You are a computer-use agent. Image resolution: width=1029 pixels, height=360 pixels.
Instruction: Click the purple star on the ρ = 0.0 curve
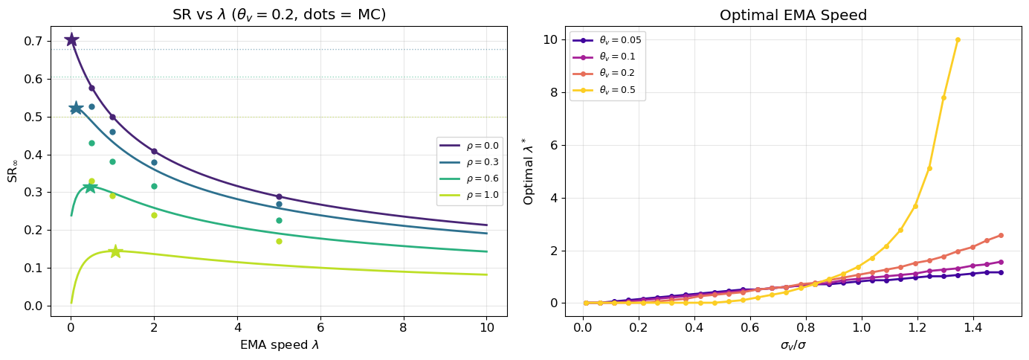point(71,39)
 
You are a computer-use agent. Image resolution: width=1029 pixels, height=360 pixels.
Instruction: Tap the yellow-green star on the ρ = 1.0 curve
point(115,251)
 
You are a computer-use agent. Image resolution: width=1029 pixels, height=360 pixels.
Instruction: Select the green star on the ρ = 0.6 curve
point(90,187)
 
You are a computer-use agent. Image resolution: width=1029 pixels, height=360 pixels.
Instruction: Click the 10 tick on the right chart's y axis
point(551,40)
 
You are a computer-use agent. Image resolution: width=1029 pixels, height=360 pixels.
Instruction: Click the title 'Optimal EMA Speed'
point(793,15)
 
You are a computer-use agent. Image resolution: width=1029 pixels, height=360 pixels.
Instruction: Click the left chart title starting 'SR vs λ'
point(279,15)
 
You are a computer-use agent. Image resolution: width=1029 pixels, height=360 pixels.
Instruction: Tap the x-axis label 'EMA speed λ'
point(279,345)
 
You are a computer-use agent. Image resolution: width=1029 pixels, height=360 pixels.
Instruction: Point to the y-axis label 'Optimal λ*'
point(529,170)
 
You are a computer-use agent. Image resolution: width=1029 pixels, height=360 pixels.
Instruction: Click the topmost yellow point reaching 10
point(958,40)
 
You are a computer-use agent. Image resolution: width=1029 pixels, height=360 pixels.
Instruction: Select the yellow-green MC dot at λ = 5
point(279,241)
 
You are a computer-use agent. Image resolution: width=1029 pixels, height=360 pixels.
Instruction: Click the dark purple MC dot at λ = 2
point(154,151)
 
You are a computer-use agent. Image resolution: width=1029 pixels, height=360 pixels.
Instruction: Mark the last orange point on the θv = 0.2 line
point(1001,235)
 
